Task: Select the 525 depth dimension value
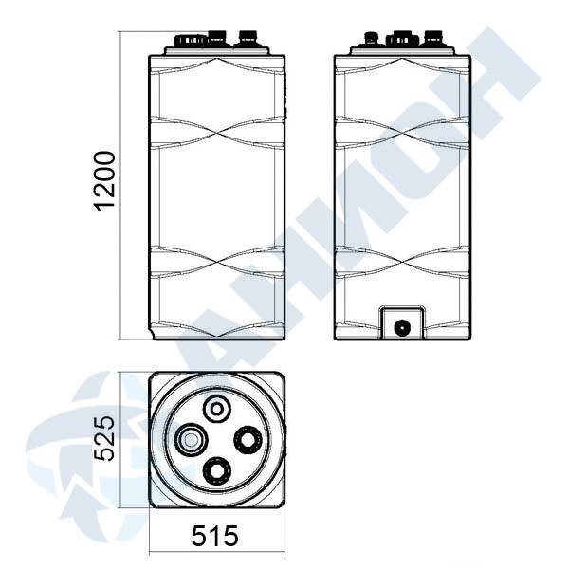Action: click(104, 439)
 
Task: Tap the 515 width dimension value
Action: click(215, 536)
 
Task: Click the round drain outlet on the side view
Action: click(402, 328)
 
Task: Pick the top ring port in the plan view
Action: click(217, 410)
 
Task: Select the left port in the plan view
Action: click(191, 440)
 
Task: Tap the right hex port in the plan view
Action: click(248, 440)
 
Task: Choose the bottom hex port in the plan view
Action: click(217, 470)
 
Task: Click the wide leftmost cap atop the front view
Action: click(192, 40)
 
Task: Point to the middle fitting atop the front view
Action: click(218, 38)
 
